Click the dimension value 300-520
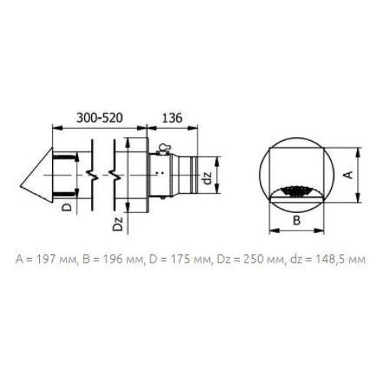tap(100, 118)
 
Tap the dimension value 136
tap(172, 118)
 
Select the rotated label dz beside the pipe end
tap(208, 178)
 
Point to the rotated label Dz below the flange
tap(118, 224)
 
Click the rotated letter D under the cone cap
tap(67, 207)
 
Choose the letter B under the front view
tap(296, 220)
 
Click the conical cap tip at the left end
tap(21, 187)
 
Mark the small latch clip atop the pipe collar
tap(162, 149)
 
